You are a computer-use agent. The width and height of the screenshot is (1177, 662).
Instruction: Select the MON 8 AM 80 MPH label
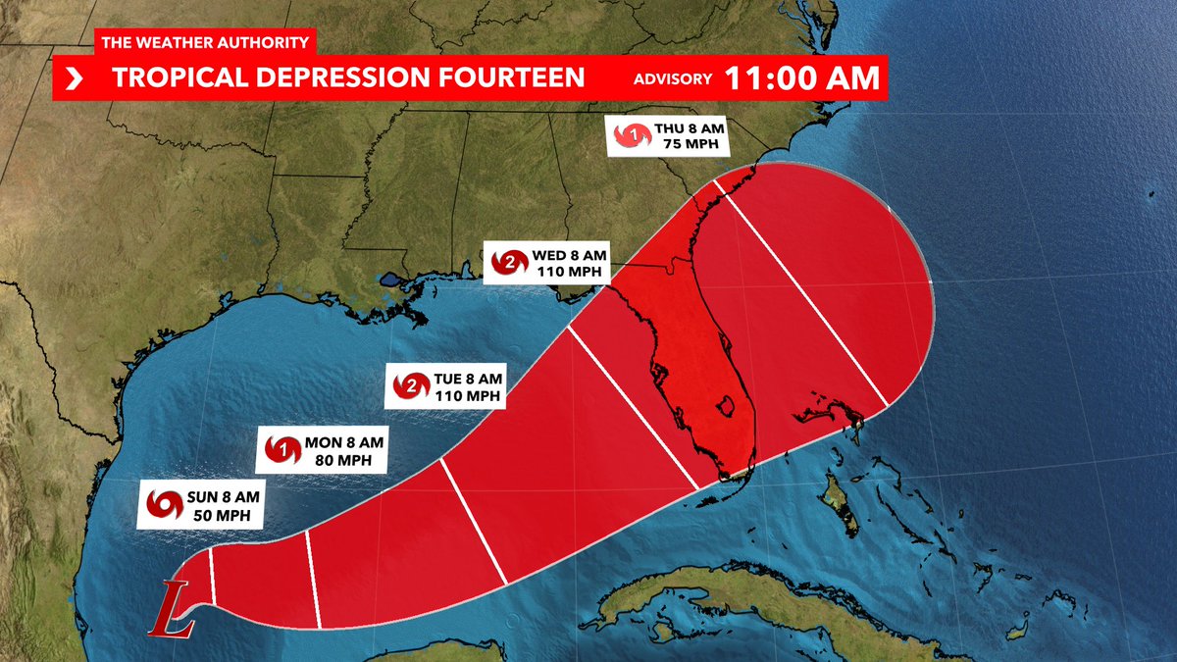click(x=318, y=450)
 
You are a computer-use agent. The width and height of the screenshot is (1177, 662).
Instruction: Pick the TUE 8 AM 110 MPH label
click(x=446, y=386)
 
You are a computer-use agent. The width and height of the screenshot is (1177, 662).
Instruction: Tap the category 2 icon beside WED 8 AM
click(x=509, y=262)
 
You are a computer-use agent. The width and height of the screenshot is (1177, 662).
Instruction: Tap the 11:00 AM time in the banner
click(x=801, y=78)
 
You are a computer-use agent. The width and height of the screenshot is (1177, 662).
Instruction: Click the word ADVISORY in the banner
click(x=671, y=79)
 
